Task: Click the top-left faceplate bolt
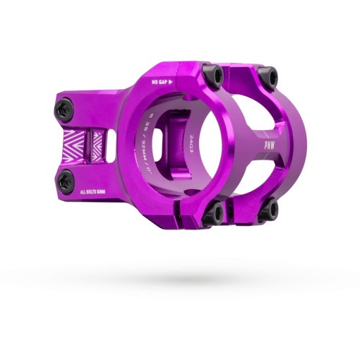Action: click(x=210, y=73)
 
